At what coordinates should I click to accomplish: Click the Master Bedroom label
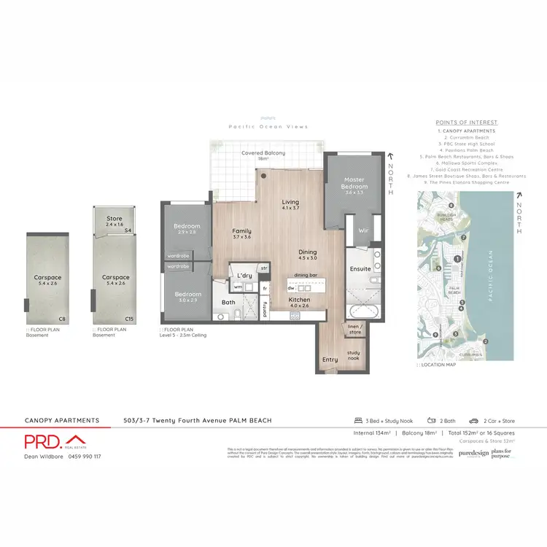[354, 184]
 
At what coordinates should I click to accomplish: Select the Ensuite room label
[361, 268]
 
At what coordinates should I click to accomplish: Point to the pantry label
[265, 309]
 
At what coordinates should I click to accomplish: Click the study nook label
[354, 355]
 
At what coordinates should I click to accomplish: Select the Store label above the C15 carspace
[114, 220]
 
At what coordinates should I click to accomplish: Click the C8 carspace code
[62, 319]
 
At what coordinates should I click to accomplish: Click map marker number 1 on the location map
[457, 259]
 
